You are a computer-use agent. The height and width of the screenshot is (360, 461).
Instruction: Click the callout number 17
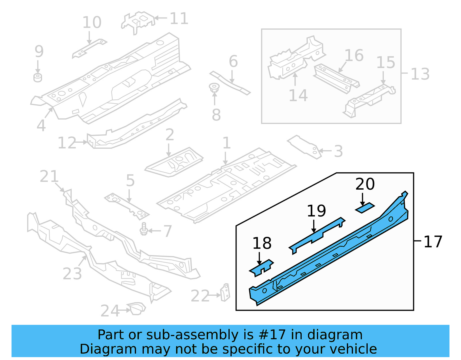coord(433,242)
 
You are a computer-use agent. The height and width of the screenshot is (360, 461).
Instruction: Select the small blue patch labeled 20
coord(365,208)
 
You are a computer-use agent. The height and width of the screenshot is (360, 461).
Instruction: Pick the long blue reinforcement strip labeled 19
coord(317,234)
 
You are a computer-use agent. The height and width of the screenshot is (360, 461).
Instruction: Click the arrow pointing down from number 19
coord(314,226)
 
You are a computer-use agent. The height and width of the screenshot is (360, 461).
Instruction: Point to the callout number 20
coord(365,184)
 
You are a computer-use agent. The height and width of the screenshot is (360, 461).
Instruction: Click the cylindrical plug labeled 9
coord(38,78)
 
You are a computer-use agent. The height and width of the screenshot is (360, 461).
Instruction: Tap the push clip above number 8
coord(214,87)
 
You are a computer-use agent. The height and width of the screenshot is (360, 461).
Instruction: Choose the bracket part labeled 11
coord(138,22)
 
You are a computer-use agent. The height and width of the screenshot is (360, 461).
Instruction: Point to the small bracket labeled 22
coord(225,292)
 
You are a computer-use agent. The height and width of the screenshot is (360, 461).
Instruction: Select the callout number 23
coord(72,274)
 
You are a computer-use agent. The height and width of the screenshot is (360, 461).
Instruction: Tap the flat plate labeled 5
coord(127,206)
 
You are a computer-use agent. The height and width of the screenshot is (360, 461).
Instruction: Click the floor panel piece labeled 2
coord(174,162)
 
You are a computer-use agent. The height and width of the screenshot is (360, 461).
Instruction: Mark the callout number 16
coord(354,55)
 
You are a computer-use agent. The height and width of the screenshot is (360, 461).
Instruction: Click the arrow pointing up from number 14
coord(295,79)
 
